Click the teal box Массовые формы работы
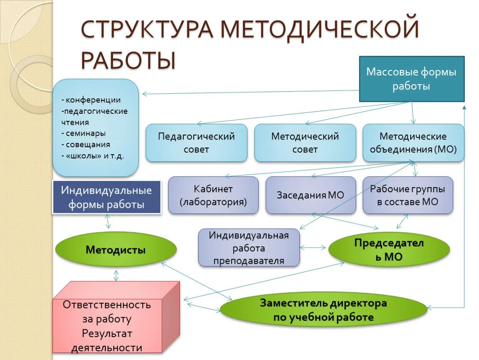412,79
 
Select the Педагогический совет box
196,142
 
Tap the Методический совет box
305,142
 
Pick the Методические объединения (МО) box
413,142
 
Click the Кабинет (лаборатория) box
213,195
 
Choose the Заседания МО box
311,195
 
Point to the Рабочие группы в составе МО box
407,195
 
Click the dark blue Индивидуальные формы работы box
106,197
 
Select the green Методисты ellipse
116,250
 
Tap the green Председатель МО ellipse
389,250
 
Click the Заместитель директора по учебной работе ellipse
323,310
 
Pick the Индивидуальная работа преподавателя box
249,248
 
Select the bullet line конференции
91,100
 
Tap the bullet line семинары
83,133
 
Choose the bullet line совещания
85,145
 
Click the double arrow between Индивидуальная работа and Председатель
313,247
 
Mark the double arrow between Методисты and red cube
116,275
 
